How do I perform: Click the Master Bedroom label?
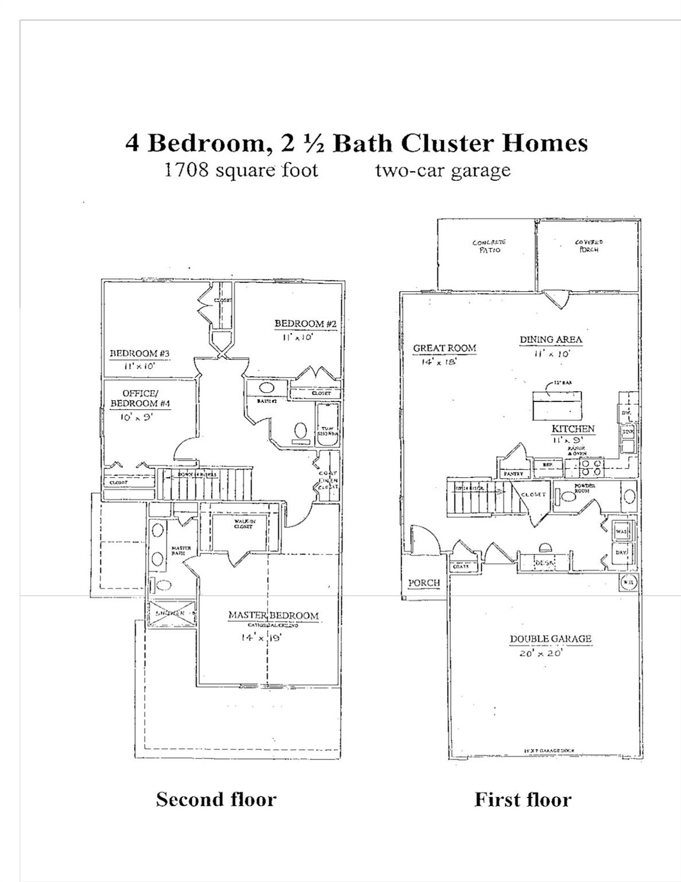[273, 616]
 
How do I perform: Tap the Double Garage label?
[550, 639]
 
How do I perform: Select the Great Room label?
[444, 348]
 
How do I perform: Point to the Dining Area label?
[551, 339]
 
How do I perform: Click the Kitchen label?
[572, 429]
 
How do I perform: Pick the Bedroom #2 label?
[305, 324]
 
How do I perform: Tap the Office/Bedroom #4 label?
[140, 398]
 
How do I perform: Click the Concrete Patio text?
[489, 246]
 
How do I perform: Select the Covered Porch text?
[589, 246]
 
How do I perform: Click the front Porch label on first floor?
[424, 583]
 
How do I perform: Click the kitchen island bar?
[556, 405]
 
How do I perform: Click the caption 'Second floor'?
[216, 799]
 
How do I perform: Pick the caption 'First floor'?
[523, 799]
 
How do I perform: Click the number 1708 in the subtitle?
[185, 170]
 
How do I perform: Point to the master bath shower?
[172, 613]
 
